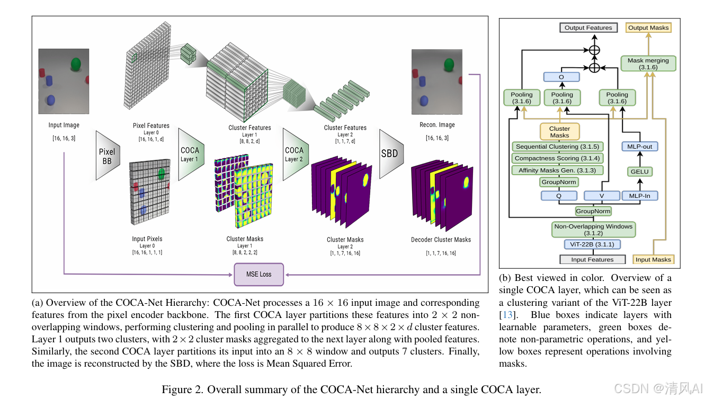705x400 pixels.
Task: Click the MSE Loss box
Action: (x=258, y=275)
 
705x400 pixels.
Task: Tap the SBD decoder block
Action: (x=390, y=154)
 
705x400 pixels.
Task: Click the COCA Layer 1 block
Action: (x=190, y=154)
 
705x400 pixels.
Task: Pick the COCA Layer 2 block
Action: (x=294, y=154)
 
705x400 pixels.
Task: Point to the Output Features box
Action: (x=588, y=28)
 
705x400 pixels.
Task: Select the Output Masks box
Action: (x=648, y=28)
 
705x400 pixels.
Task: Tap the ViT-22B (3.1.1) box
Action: (x=592, y=244)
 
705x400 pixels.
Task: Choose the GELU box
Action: (x=639, y=171)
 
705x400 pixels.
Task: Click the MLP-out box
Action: (x=639, y=147)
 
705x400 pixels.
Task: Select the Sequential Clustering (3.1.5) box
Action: (x=557, y=147)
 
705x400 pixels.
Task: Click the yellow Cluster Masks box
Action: (x=559, y=132)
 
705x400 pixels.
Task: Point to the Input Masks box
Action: (x=653, y=259)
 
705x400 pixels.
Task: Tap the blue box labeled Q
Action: (x=559, y=196)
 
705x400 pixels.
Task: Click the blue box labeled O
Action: (x=561, y=77)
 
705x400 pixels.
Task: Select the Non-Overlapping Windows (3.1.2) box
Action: (x=593, y=230)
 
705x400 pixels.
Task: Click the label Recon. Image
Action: (x=436, y=125)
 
